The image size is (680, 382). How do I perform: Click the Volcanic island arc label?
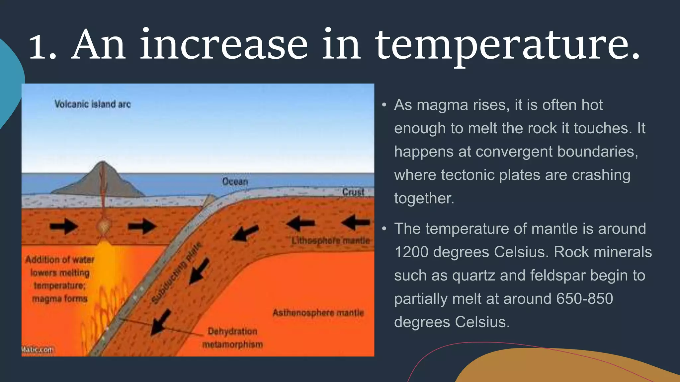[x=92, y=104]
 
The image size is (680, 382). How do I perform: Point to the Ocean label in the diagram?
[x=235, y=181]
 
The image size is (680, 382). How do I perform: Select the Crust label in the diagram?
[x=353, y=192]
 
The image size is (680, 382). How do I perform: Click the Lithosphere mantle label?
[x=330, y=240]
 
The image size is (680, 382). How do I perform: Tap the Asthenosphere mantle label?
[x=318, y=313]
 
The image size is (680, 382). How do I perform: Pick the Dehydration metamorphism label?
[x=232, y=338]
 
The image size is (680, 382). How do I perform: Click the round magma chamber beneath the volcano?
[x=104, y=227]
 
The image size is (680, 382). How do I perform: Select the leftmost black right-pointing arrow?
[x=64, y=226]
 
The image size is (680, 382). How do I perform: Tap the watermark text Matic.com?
[x=37, y=350]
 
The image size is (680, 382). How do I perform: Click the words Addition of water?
[x=60, y=259]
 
